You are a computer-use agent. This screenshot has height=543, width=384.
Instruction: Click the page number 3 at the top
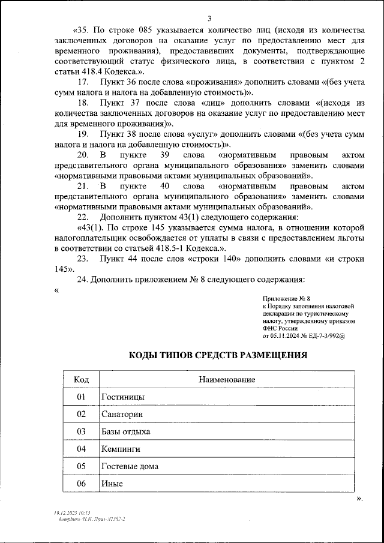pyautogui.click(x=209, y=17)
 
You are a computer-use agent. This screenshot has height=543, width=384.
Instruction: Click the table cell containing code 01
pyautogui.click(x=82, y=397)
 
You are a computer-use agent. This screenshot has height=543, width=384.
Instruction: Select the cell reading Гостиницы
pyautogui.click(x=123, y=397)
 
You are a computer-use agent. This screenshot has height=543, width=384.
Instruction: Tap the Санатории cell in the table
pyautogui.click(x=122, y=414)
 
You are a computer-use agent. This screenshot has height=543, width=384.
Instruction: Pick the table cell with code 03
pyautogui.click(x=82, y=431)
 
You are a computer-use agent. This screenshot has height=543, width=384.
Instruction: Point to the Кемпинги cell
pyautogui.click(x=121, y=449)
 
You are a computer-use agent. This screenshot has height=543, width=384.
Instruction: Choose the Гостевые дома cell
pyautogui.click(x=130, y=466)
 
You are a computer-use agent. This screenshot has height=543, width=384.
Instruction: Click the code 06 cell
pyautogui.click(x=82, y=484)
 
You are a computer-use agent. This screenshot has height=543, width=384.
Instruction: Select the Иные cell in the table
pyautogui.click(x=112, y=484)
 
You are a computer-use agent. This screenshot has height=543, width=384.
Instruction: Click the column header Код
pyautogui.click(x=82, y=379)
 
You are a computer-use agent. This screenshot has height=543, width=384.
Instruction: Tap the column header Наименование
pyautogui.click(x=227, y=379)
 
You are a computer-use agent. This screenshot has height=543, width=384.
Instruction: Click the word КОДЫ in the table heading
pyautogui.click(x=143, y=355)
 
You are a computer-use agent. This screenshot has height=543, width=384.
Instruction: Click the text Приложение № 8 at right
pyautogui.click(x=286, y=298)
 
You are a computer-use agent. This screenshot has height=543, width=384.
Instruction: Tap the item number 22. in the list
pyautogui.click(x=84, y=217)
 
